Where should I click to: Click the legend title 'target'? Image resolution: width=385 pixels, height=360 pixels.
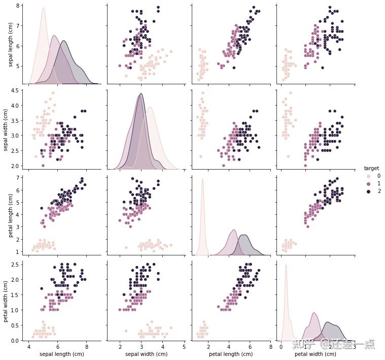pyautogui.click(x=371, y=168)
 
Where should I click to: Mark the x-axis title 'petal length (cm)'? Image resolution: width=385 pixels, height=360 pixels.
pyautogui.click(x=231, y=354)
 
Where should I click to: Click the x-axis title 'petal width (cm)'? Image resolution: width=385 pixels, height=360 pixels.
pyautogui.click(x=316, y=354)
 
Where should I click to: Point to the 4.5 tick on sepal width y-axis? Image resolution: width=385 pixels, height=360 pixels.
pyautogui.click(x=17, y=90)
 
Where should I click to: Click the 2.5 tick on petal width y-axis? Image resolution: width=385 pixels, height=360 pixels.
pyautogui.click(x=17, y=264)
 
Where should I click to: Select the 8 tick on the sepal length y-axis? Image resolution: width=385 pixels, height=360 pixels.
pyautogui.click(x=19, y=6)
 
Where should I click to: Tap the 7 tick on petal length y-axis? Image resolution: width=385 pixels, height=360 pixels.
pyautogui.click(x=19, y=178)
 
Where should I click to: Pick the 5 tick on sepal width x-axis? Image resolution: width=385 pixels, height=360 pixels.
pyautogui.click(x=184, y=347)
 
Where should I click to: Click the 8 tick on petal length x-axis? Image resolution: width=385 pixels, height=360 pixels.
pyautogui.click(x=271, y=347)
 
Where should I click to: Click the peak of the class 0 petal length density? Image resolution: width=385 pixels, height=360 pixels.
pyautogui.click(x=202, y=179)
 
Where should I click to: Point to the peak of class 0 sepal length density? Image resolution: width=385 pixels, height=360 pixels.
pyautogui.click(x=43, y=8)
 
